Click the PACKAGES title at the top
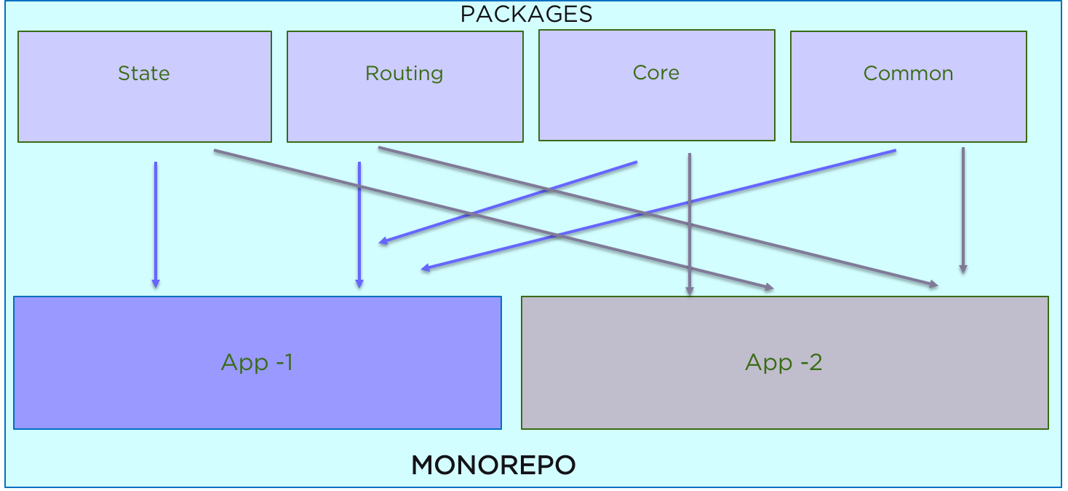click(527, 14)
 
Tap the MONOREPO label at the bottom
click(493, 465)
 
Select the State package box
click(144, 86)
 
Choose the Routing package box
click(405, 86)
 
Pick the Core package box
click(656, 85)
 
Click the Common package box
click(908, 86)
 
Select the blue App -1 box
click(257, 362)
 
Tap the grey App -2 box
click(784, 362)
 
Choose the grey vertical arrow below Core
click(689, 219)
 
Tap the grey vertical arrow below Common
click(963, 208)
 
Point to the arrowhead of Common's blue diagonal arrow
click(426, 269)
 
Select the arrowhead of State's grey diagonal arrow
click(768, 288)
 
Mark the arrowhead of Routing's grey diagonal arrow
click(933, 285)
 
